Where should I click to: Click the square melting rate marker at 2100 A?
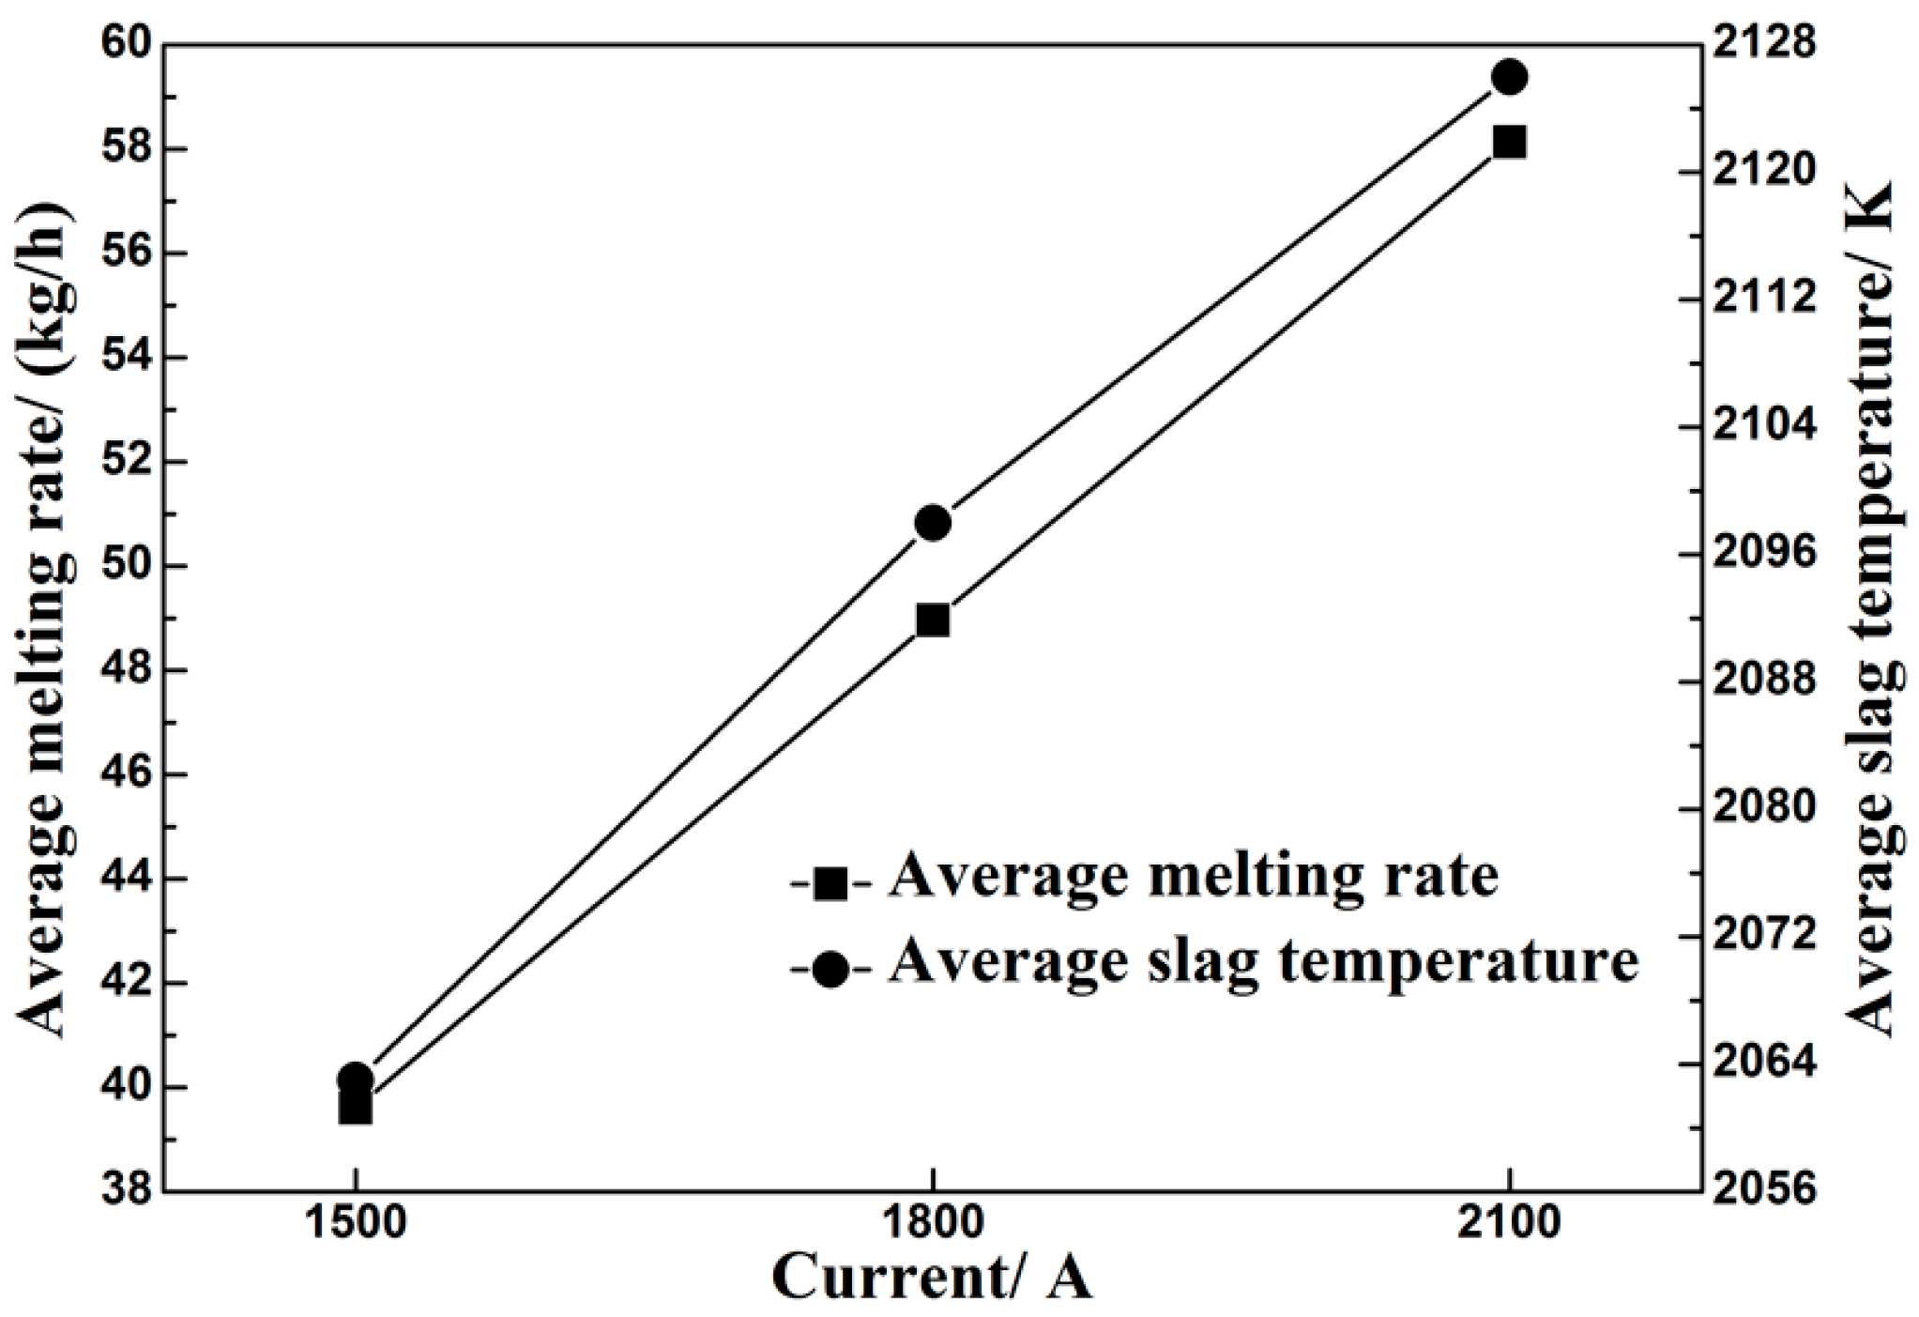[1510, 143]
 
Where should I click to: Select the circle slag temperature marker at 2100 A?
[1510, 76]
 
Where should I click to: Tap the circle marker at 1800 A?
[933, 523]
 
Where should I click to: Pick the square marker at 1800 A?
[933, 620]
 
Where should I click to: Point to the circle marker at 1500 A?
[356, 1079]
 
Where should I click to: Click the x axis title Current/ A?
[933, 1279]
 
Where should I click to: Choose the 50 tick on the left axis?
[131, 566]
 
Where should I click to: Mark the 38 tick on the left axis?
[131, 1191]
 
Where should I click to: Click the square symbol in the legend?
[831, 882]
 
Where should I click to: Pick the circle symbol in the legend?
[831, 969]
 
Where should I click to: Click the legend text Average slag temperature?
[1263, 964]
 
